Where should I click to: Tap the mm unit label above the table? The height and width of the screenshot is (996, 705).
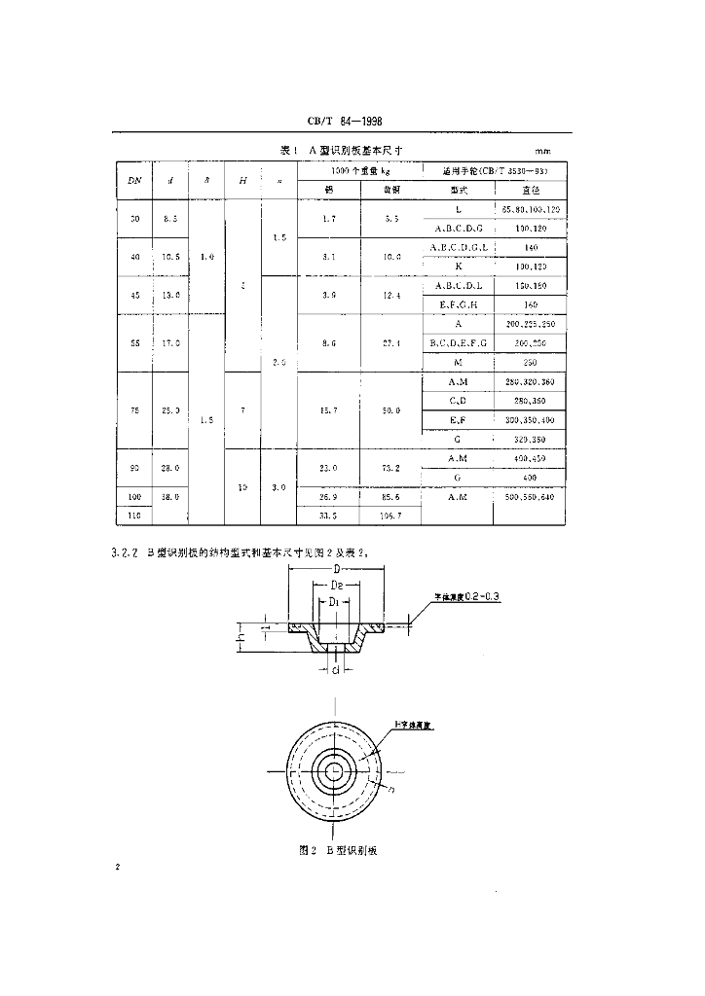point(543,152)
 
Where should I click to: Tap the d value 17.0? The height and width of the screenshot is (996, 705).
point(170,342)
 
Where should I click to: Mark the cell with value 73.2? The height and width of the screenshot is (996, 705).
point(391,468)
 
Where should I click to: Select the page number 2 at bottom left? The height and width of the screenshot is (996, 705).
point(117,865)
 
